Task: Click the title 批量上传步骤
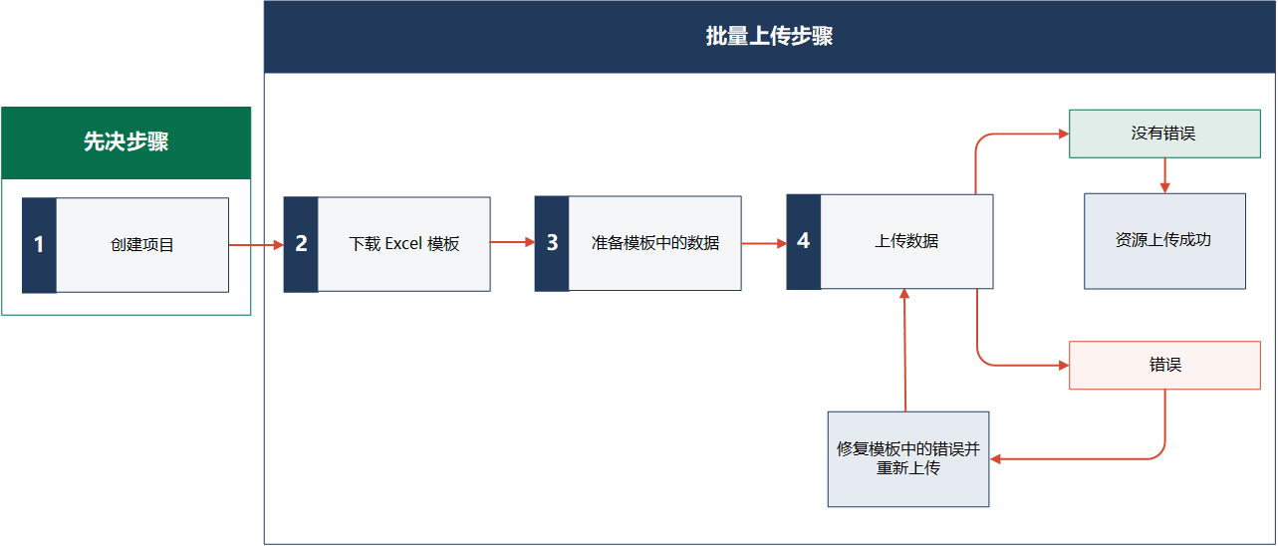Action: click(769, 36)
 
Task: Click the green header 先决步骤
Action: click(127, 142)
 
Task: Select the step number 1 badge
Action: click(39, 245)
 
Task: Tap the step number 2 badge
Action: click(301, 244)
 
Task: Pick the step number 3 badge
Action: click(552, 244)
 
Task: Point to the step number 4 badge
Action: click(803, 241)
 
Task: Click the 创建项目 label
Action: click(142, 245)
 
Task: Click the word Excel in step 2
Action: click(403, 244)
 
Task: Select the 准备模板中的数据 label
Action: click(655, 243)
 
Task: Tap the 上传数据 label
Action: click(906, 241)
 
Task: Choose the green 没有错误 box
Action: click(1164, 134)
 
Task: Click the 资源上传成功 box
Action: click(1164, 241)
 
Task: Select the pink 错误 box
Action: click(1164, 365)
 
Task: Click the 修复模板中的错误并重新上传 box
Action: click(908, 459)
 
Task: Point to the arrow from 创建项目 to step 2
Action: click(256, 245)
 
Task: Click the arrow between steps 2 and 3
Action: click(512, 242)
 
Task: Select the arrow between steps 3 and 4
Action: click(764, 244)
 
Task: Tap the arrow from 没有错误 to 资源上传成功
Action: click(1165, 175)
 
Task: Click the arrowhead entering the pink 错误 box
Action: click(1064, 365)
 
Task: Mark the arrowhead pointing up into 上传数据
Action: click(904, 294)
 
